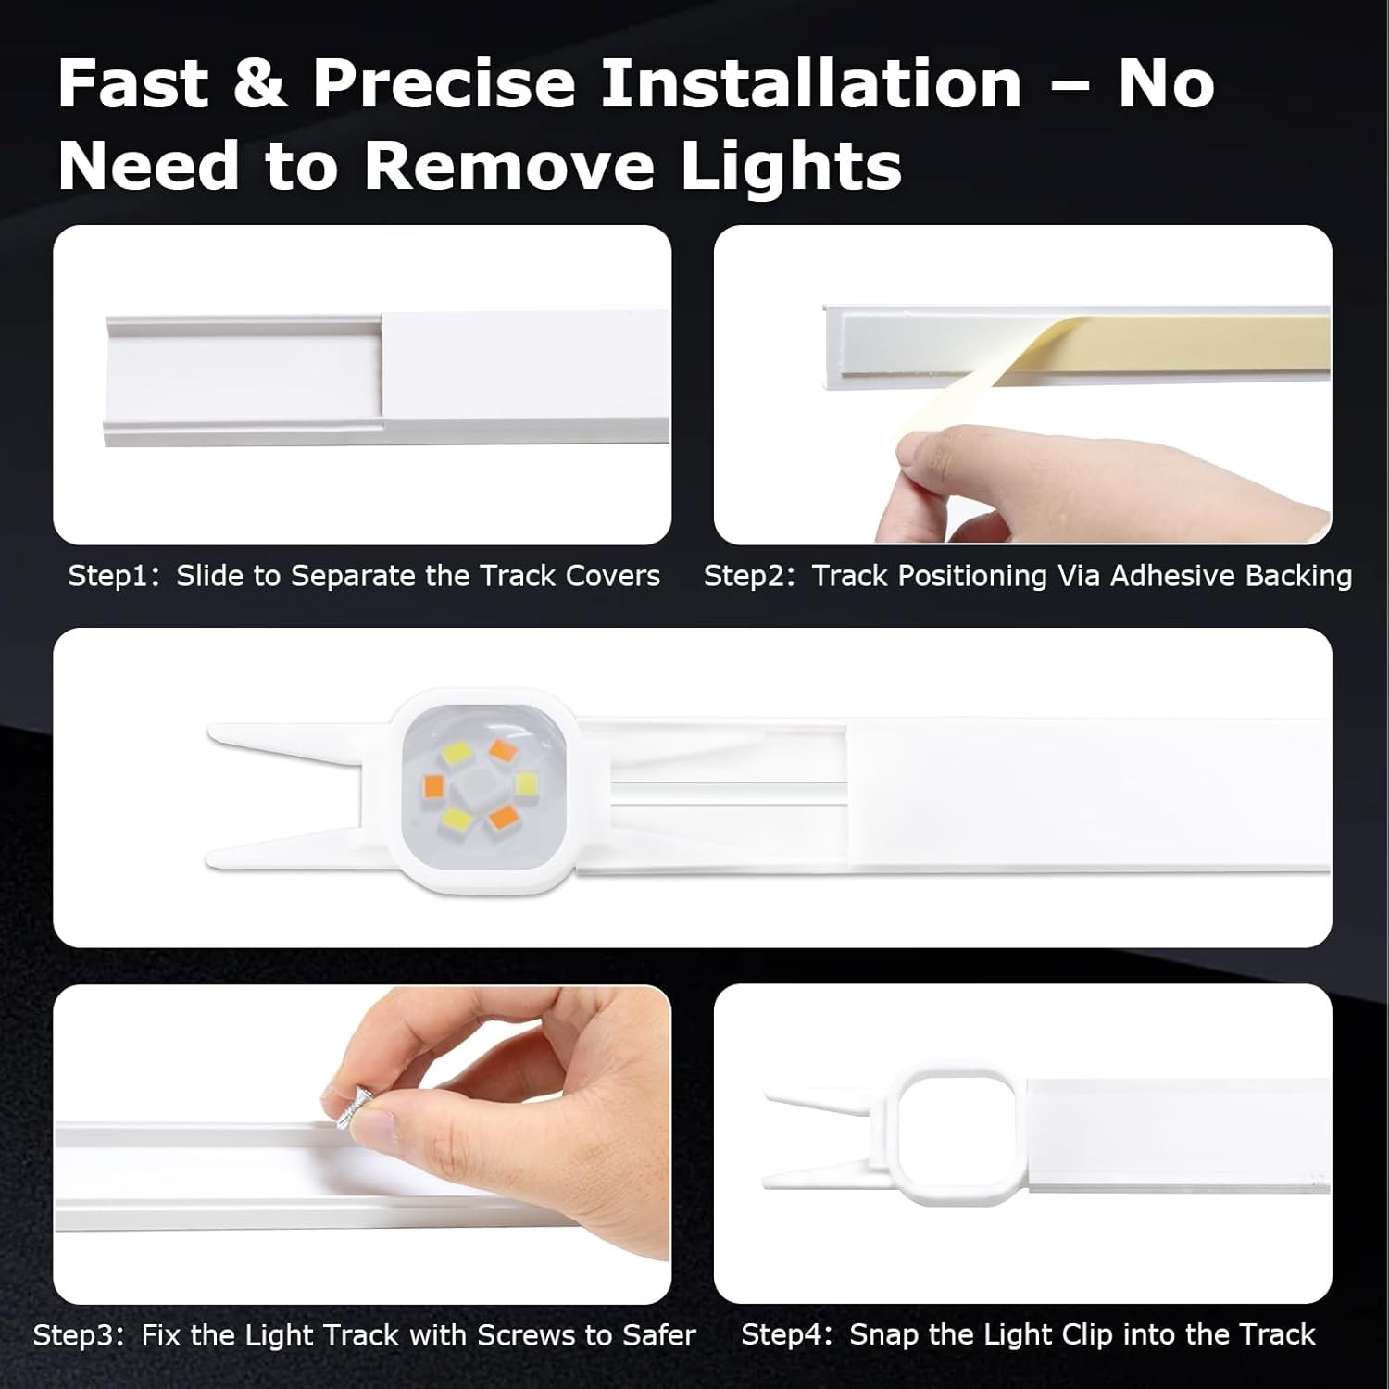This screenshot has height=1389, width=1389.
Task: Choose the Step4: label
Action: coord(787,1334)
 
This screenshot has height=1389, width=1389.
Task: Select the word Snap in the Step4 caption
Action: coord(882,1334)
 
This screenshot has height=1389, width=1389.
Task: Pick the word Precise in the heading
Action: coord(444,84)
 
